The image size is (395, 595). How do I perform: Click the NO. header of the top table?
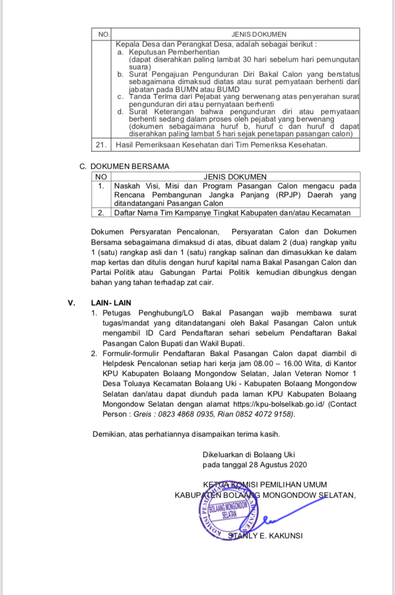click(x=103, y=34)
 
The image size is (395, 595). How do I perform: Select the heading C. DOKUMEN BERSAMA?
click(x=124, y=167)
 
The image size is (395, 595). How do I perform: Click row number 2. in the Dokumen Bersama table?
click(x=101, y=212)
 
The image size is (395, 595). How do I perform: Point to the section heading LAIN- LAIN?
click(x=111, y=303)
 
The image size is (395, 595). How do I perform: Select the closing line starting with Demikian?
click(x=186, y=434)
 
